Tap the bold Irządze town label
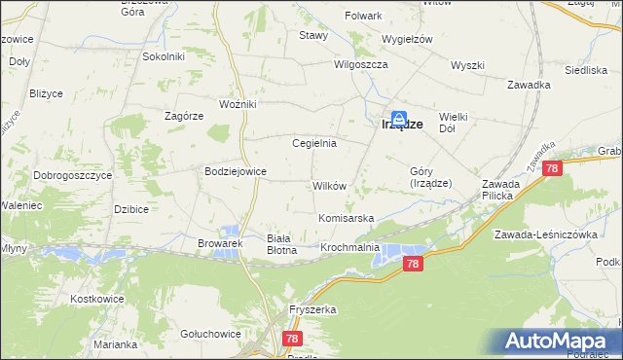(x=400, y=125)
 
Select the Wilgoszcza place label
(x=361, y=64)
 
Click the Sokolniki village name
(x=164, y=56)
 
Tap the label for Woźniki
(x=238, y=104)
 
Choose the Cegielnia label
(x=314, y=143)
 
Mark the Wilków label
(x=328, y=186)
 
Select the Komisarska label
(x=347, y=219)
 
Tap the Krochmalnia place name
(x=350, y=249)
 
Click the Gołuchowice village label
(x=210, y=334)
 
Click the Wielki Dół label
(x=454, y=122)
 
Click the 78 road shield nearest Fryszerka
(x=292, y=338)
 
